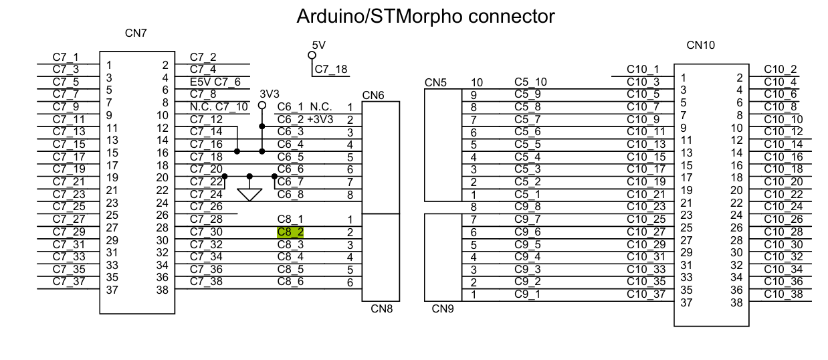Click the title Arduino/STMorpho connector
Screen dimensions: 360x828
(425, 17)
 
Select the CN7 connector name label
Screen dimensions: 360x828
(136, 33)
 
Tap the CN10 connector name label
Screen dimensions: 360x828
(701, 46)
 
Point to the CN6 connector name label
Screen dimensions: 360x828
(373, 95)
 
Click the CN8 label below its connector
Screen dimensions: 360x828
(381, 309)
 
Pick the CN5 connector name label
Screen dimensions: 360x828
(436, 83)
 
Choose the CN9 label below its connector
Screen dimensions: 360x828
(443, 309)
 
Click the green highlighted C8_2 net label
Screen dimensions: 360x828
(290, 232)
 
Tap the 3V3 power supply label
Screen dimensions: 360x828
(270, 93)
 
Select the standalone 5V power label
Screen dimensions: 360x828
(318, 45)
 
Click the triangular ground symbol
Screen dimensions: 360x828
(249, 194)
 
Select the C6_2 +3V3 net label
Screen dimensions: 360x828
(305, 119)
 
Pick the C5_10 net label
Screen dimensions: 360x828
(530, 82)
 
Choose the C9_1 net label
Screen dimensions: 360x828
(528, 293)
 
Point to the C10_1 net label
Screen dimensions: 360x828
(643, 69)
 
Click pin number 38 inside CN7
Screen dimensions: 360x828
(161, 290)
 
